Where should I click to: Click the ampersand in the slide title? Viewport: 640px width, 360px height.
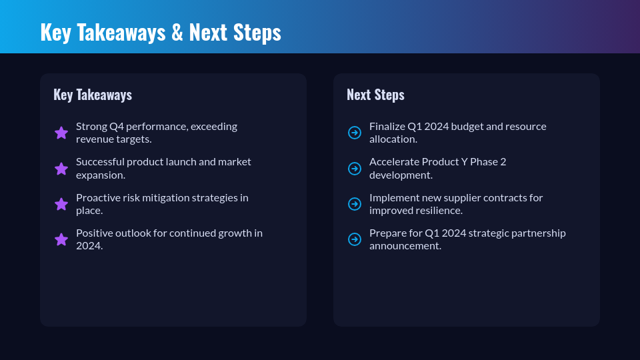(x=177, y=32)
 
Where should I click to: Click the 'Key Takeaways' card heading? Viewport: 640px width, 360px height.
(x=93, y=95)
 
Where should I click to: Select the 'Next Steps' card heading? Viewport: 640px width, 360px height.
(x=375, y=95)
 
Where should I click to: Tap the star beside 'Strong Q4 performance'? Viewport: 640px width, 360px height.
(x=61, y=133)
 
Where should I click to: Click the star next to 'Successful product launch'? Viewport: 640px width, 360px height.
(x=61, y=169)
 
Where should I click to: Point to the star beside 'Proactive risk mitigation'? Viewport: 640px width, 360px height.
(x=61, y=204)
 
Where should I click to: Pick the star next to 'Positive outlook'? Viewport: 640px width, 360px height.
(x=61, y=239)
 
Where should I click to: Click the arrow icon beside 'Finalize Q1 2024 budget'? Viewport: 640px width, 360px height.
(x=355, y=133)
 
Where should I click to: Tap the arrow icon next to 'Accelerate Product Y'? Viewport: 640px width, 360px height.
(x=355, y=169)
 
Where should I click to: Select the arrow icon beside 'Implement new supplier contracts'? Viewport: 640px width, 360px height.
(x=355, y=204)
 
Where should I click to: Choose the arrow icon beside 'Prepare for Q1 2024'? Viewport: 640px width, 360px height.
(x=355, y=239)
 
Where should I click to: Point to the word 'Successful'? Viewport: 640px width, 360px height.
(x=100, y=162)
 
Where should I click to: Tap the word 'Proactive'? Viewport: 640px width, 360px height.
(x=98, y=198)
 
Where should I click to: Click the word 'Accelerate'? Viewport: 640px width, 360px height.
(x=394, y=162)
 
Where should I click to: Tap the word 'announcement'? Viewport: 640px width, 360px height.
(x=405, y=246)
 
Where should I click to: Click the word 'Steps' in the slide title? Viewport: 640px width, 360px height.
(x=257, y=33)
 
